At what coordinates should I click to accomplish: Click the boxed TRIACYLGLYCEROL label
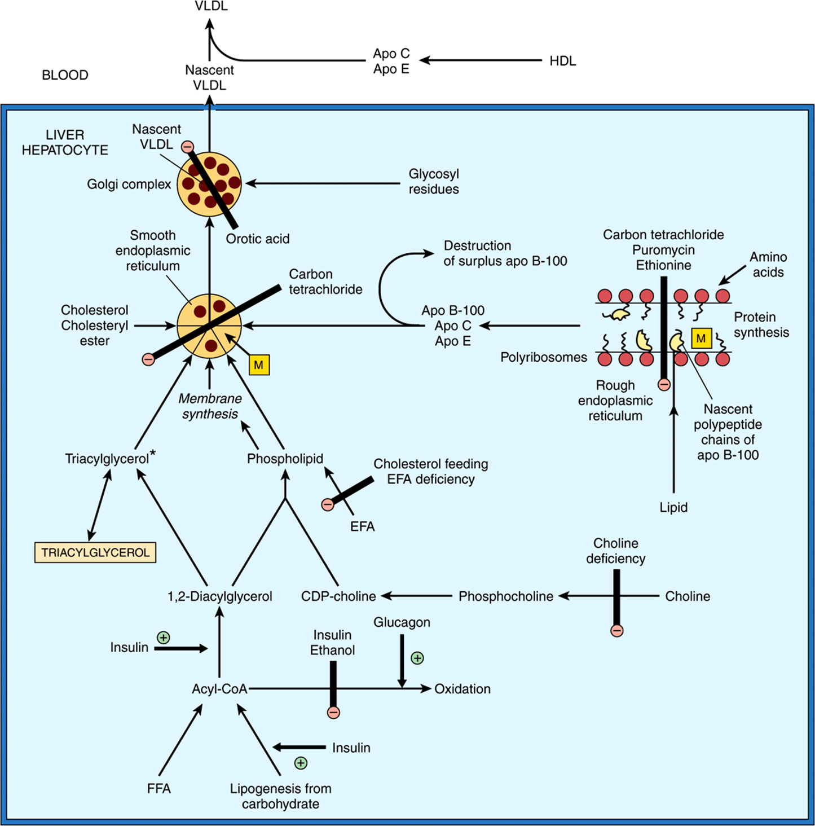coord(95,552)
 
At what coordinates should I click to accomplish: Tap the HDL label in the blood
coord(563,61)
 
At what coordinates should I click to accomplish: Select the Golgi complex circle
coord(210,184)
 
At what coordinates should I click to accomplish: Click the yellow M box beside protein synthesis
coord(701,339)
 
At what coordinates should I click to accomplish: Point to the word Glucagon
coord(402,622)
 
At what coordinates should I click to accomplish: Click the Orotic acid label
coord(258,239)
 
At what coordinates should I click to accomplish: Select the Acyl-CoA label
coord(219,689)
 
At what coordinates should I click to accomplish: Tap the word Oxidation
coord(462,689)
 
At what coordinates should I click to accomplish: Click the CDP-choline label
coord(338,596)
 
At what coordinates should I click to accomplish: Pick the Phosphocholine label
coord(505,596)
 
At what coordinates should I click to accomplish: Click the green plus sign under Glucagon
coord(417,658)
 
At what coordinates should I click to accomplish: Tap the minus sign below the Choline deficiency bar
coord(617,631)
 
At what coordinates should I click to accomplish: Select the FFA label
coord(158,789)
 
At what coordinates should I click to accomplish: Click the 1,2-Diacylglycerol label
coord(219,596)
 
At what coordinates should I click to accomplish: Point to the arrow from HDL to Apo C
coord(481,60)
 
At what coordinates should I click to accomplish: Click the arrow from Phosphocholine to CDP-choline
coord(416,596)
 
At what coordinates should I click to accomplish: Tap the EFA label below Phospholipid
coord(363,526)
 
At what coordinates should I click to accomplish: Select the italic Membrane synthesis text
coord(210,406)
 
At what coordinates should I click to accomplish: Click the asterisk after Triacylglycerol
coord(152,454)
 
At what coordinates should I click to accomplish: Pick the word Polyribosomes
coord(544,358)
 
